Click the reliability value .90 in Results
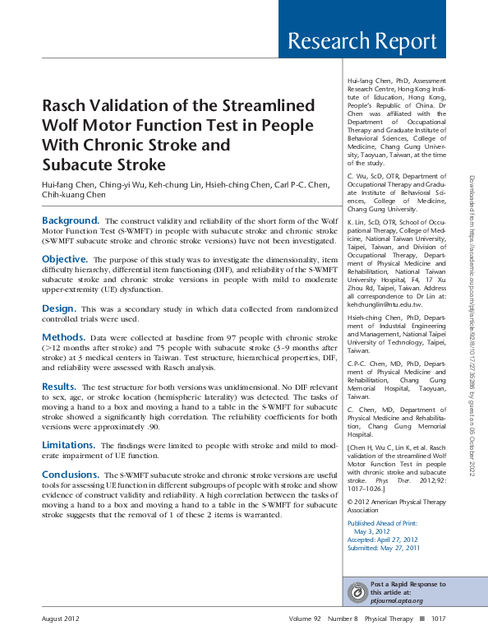tap(134, 427)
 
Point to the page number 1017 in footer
tap(438, 619)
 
